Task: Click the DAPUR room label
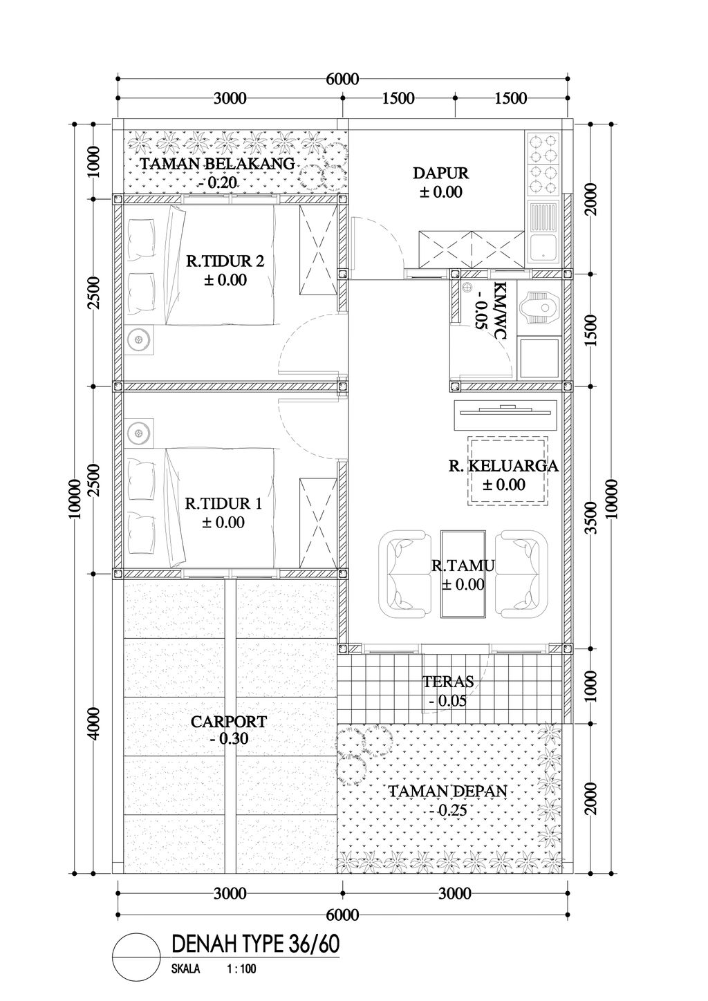[440, 173]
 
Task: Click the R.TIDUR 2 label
[225, 261]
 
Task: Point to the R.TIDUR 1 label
[223, 504]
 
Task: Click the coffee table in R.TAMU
[463, 574]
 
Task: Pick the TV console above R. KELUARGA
[505, 415]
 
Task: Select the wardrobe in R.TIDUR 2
[318, 251]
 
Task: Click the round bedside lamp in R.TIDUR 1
[139, 433]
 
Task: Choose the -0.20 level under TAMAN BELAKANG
[217, 183]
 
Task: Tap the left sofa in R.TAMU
[405, 574]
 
